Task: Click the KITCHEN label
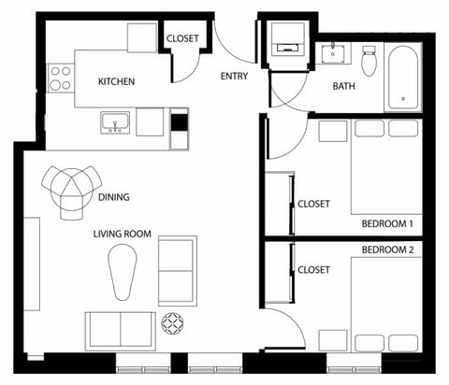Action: pos(117,82)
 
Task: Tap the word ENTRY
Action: pos(234,77)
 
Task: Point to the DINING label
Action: pos(113,197)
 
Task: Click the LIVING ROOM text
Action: pos(122,235)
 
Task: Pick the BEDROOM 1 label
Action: pos(387,224)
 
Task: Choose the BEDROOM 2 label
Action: pos(387,250)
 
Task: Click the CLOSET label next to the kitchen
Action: pos(182,38)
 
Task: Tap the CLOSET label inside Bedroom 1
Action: pos(313,205)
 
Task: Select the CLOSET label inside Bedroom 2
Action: pos(313,270)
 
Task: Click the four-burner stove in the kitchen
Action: pos(61,78)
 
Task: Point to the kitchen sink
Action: pos(115,121)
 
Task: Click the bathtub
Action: pos(405,76)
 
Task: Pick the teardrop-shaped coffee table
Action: pos(123,268)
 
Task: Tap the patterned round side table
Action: pos(175,324)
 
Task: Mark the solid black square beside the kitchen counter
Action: pos(180,121)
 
